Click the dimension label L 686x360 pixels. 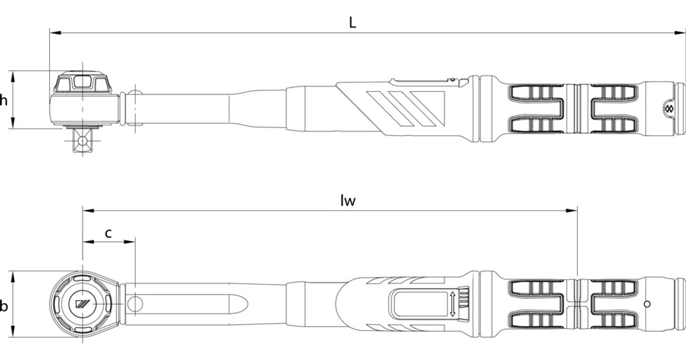point(353,23)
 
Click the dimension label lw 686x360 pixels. point(348,201)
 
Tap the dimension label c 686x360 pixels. point(108,233)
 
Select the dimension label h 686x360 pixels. point(3,100)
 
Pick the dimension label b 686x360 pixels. point(3,306)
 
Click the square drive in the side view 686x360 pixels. point(82,140)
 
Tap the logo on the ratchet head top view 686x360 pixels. point(83,304)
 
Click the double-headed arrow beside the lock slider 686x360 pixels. point(452,304)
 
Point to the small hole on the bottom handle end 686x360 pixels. point(647,304)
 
